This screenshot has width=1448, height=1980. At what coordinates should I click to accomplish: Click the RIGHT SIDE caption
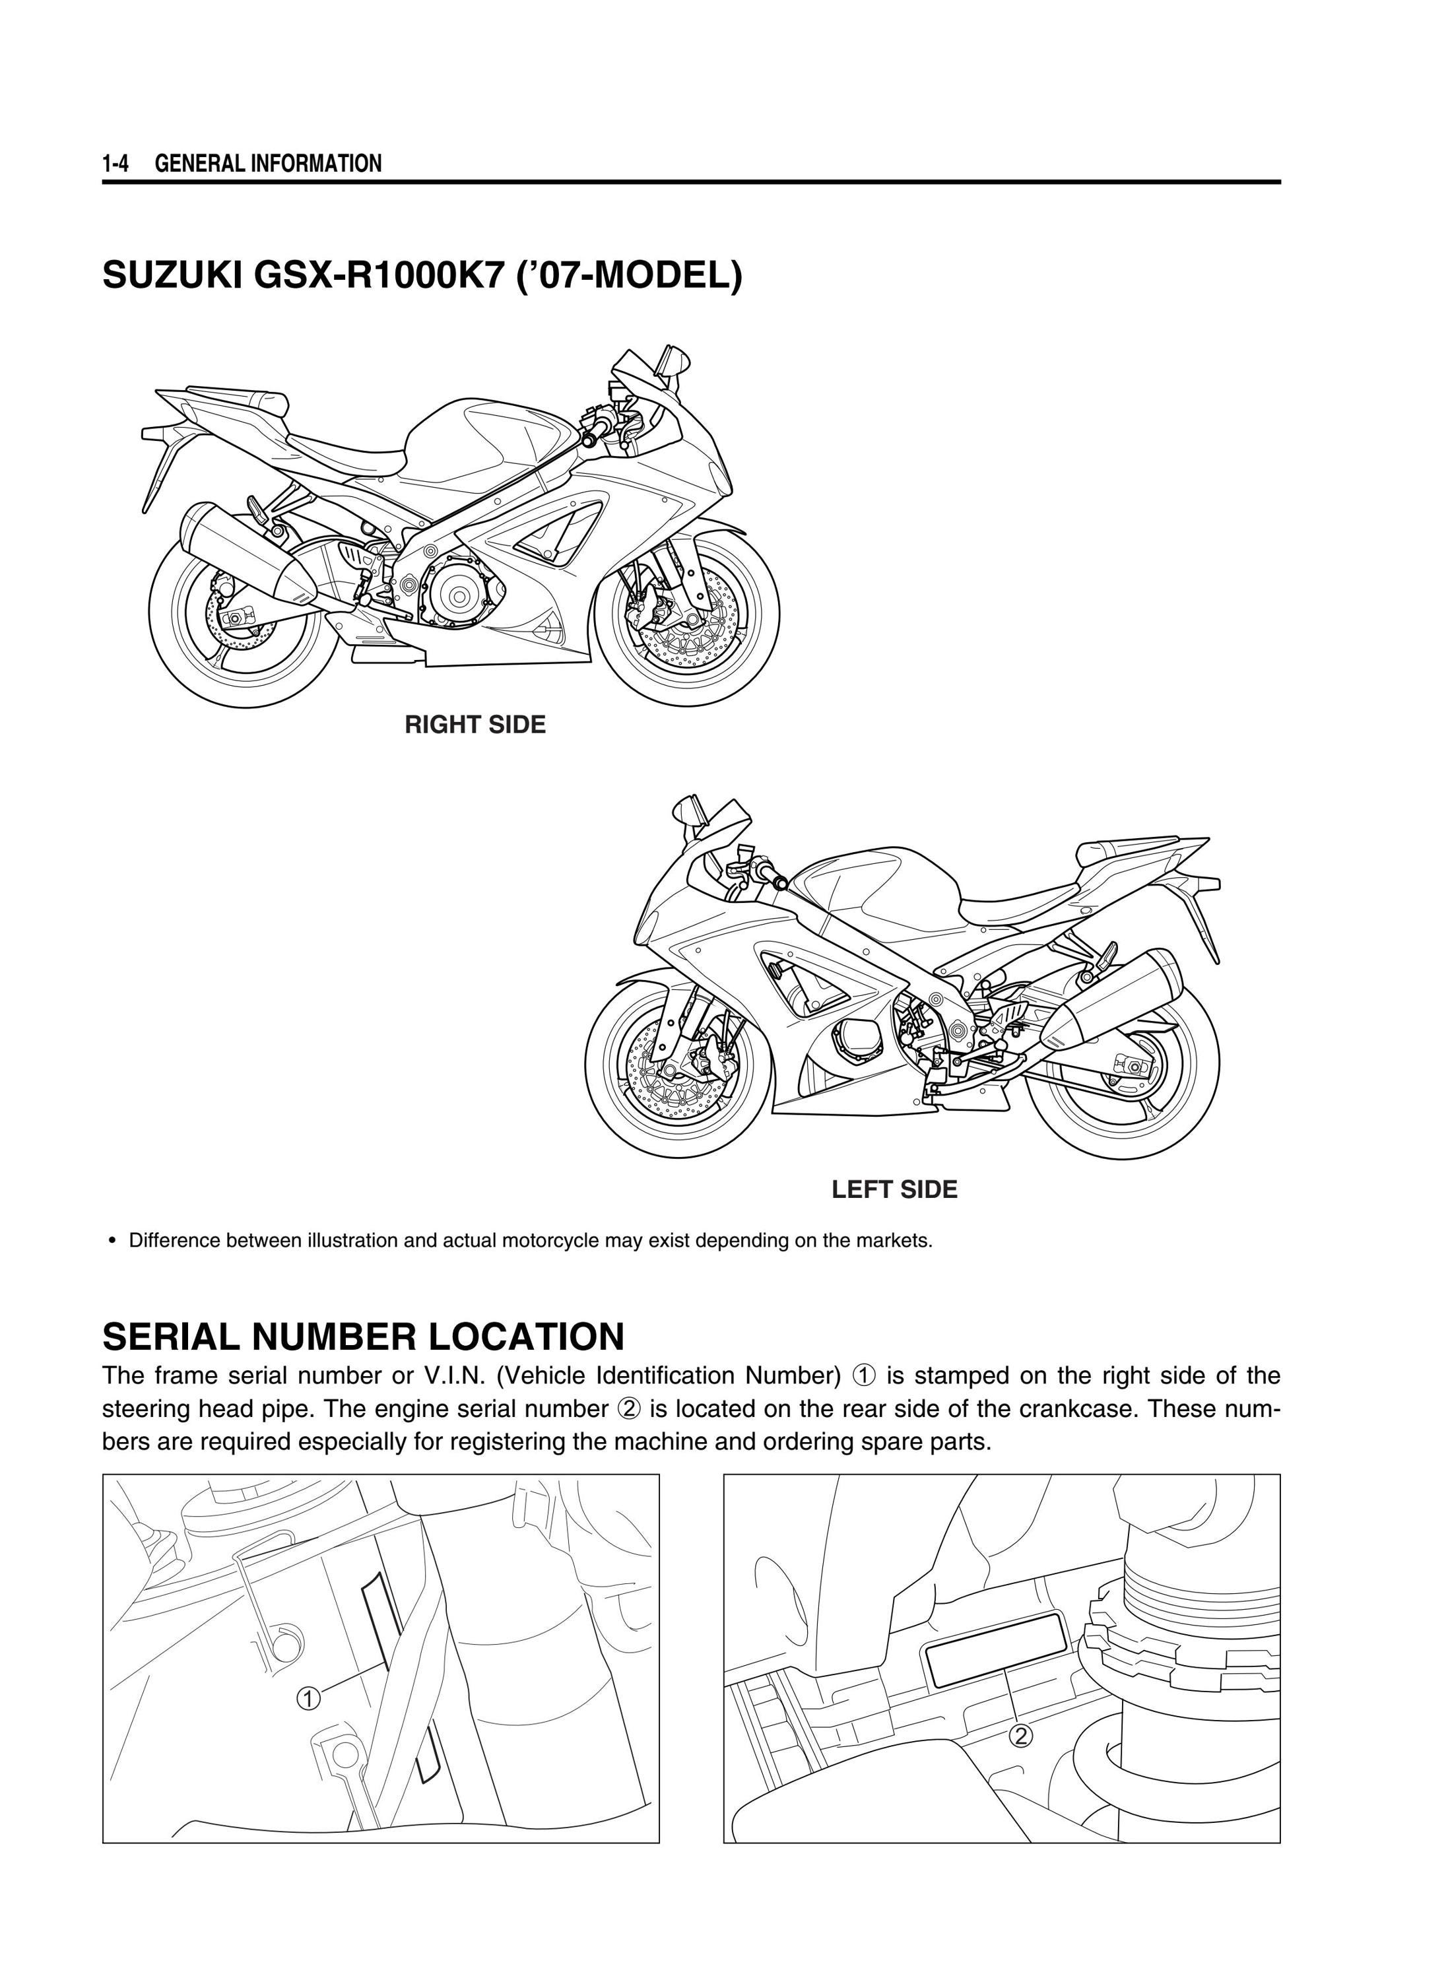475,725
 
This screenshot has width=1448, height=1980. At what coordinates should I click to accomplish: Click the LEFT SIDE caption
894,1189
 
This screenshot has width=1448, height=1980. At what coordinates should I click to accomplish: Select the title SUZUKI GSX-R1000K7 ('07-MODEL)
422,276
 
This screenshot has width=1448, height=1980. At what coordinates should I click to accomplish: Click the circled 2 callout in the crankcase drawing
1020,1736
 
